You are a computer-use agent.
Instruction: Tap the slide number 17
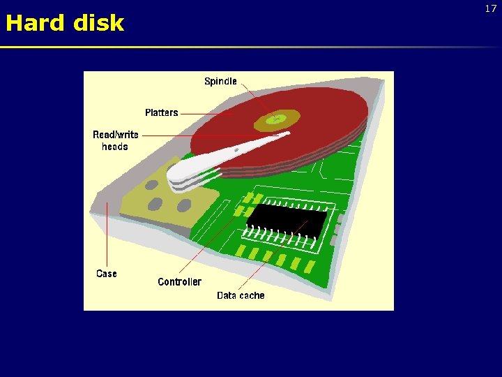[491, 9]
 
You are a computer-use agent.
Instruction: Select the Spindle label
[220, 82]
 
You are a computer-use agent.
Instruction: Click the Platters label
[161, 112]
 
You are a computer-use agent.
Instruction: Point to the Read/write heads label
[115, 140]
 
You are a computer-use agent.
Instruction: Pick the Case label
[107, 274]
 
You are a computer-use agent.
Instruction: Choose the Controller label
[179, 282]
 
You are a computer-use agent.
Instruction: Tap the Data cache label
[241, 295]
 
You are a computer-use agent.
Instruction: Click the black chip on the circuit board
[286, 220]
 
